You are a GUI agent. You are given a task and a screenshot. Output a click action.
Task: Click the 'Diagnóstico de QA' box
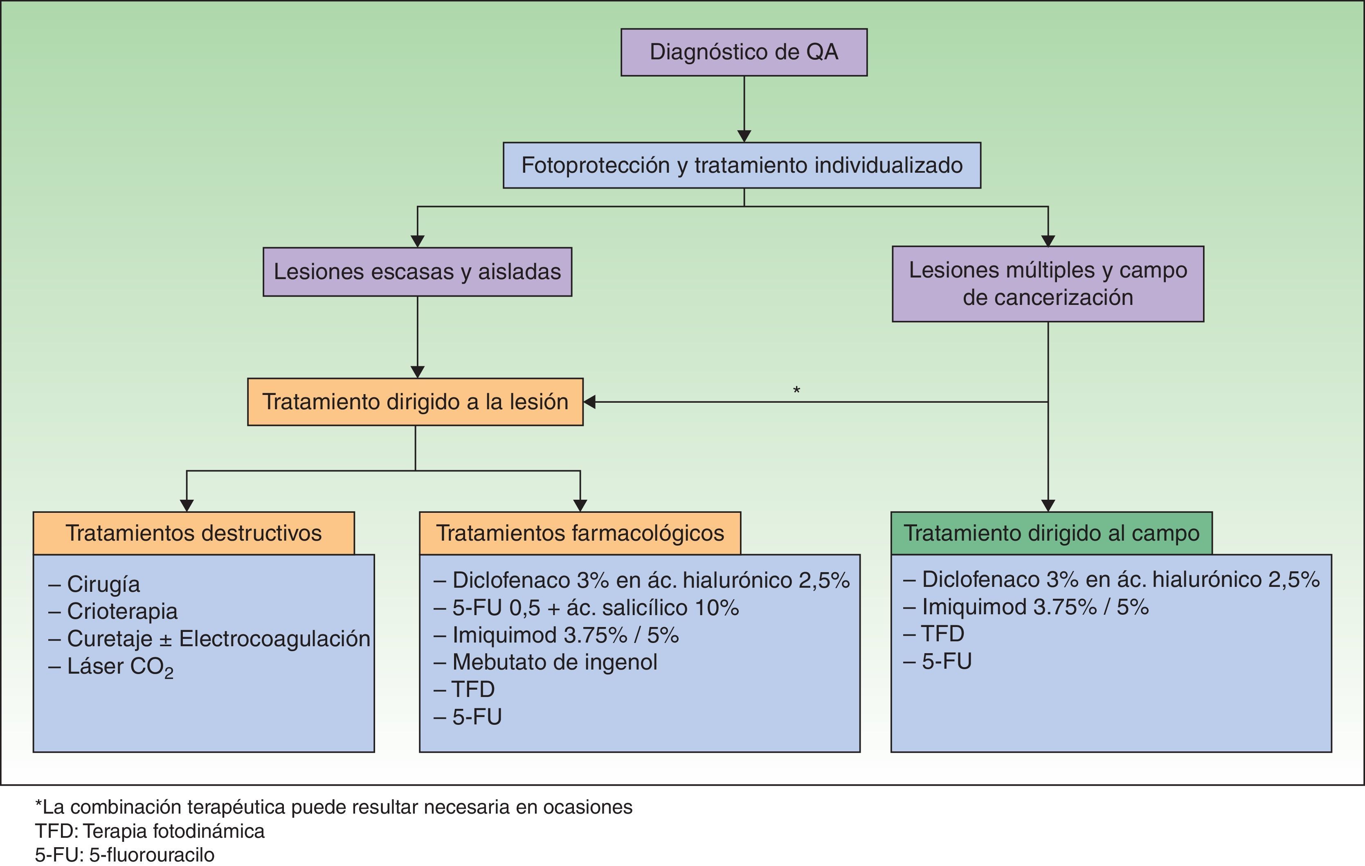(x=744, y=52)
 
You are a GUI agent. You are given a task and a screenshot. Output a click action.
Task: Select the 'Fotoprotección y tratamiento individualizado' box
(x=742, y=165)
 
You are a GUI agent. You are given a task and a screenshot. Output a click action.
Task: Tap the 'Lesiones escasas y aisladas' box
(x=417, y=272)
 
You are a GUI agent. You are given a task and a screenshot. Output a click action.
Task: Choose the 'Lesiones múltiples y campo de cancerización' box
(x=1048, y=284)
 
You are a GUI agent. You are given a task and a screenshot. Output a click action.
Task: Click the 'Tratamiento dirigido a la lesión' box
(x=415, y=401)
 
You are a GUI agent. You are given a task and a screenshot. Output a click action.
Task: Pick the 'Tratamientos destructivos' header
(x=193, y=533)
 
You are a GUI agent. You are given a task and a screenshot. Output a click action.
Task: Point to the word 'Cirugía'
(x=103, y=584)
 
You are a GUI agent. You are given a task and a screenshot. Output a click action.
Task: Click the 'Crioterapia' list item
(x=122, y=611)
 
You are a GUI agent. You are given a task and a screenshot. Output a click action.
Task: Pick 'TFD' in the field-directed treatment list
(x=942, y=634)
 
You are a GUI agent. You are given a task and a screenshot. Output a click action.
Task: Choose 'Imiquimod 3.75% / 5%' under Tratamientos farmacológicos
(x=565, y=635)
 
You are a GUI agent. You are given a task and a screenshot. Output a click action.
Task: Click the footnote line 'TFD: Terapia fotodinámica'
(x=150, y=831)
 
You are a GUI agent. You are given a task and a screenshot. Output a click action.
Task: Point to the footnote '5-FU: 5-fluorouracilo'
(x=125, y=855)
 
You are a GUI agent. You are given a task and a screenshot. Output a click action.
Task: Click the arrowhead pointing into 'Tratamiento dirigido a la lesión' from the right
(x=589, y=401)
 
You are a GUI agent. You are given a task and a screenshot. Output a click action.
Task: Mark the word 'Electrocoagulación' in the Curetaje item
(x=274, y=638)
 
